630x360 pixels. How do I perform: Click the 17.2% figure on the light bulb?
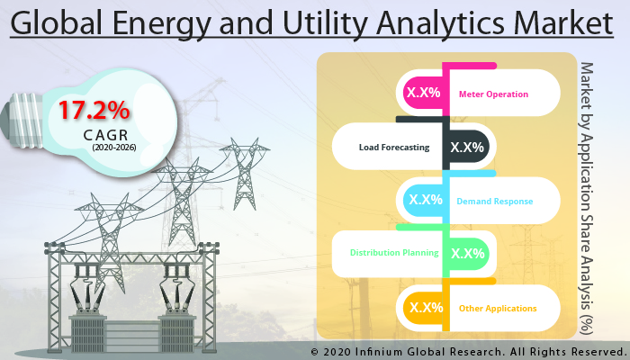[95, 111]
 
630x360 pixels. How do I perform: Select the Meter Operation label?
[493, 94]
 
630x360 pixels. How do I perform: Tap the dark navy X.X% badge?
[467, 147]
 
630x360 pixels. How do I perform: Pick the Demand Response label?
[494, 201]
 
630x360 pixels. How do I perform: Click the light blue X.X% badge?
[425, 200]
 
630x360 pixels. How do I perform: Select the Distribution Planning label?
[394, 253]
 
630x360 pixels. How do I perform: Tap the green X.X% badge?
[467, 253]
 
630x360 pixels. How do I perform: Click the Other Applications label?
[498, 308]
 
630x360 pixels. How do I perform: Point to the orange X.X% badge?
[425, 308]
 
